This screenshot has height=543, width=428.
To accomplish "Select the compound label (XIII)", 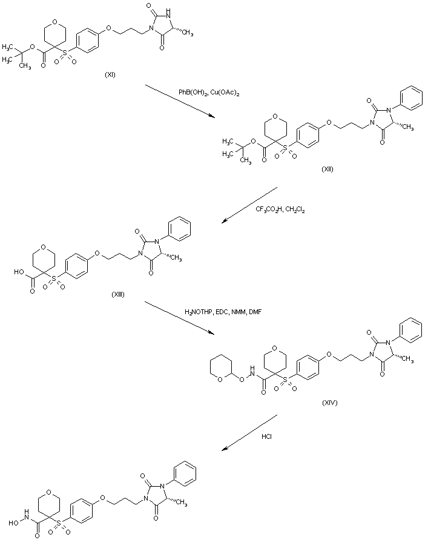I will tap(118, 294).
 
